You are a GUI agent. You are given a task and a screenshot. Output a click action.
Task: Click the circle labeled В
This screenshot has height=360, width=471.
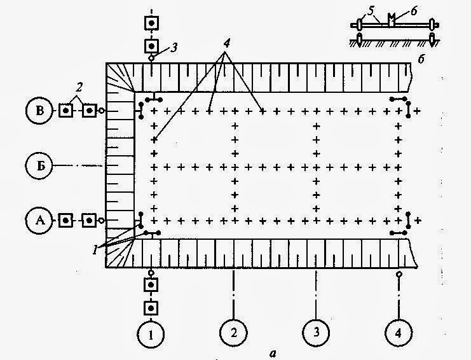[x=39, y=111]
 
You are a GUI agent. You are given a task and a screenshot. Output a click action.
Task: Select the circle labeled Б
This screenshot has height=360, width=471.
[x=39, y=165]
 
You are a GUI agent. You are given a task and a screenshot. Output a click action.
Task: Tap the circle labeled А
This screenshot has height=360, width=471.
[x=39, y=221]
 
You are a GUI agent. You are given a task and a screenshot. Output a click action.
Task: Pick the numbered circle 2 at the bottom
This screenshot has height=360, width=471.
[x=234, y=333]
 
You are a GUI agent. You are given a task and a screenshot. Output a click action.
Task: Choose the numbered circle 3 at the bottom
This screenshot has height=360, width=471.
[x=316, y=333]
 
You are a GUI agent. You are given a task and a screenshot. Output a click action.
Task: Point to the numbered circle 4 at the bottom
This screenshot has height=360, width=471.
[x=399, y=333]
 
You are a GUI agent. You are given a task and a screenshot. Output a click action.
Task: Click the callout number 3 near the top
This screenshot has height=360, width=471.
[x=174, y=47]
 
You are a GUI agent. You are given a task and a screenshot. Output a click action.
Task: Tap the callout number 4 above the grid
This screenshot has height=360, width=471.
[x=226, y=44]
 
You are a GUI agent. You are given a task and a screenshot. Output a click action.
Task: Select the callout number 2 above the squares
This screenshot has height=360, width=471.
[x=79, y=88]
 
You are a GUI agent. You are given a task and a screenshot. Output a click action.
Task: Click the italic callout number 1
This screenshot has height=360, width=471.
[x=95, y=250]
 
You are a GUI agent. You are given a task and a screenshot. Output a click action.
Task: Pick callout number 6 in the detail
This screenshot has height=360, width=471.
[x=414, y=11]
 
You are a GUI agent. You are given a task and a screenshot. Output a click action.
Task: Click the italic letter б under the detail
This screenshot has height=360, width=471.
[x=421, y=59]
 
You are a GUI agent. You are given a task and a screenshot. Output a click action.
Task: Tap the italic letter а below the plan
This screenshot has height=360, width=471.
[x=273, y=354]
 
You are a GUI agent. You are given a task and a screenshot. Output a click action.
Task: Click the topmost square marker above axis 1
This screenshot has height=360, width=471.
[x=151, y=23]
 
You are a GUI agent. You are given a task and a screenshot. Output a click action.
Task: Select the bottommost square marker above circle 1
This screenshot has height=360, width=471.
[x=151, y=308]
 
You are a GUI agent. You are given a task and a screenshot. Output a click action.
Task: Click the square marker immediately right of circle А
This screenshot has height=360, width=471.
[x=65, y=221]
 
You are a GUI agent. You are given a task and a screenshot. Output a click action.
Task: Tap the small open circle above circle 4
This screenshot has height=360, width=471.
[x=399, y=274]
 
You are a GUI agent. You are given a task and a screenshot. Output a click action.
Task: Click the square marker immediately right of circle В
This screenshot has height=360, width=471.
[x=66, y=111]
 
